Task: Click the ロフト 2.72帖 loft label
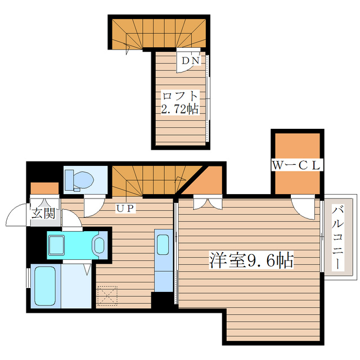point(180,102)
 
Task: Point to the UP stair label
point(124,208)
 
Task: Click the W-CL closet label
point(296,165)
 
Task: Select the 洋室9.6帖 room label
point(251,260)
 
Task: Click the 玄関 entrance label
point(43,213)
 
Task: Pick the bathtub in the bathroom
point(44,286)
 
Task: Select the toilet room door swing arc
point(94,208)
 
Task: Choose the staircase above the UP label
point(146,180)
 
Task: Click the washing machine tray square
point(58,245)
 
